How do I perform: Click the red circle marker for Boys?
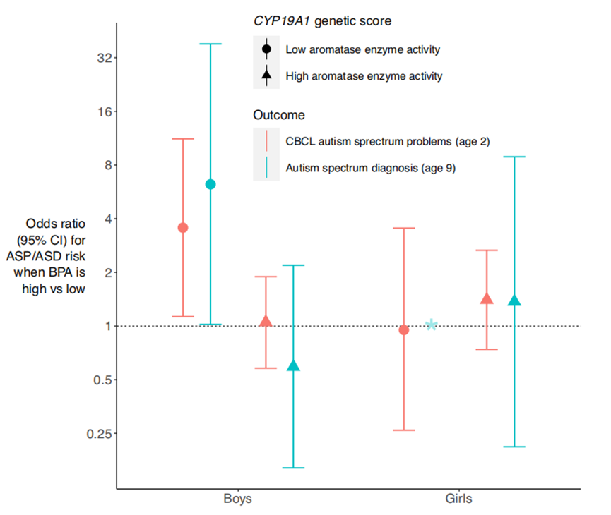click(183, 227)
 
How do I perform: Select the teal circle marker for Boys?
click(210, 184)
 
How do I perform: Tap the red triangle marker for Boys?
click(266, 321)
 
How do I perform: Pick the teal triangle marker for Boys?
click(293, 365)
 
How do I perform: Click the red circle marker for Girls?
click(404, 329)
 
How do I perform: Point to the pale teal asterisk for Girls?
click(432, 325)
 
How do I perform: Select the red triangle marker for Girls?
click(487, 298)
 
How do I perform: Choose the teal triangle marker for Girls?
click(514, 301)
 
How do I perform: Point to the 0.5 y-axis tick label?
click(93, 380)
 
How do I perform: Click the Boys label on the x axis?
click(238, 499)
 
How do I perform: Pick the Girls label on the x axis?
click(459, 499)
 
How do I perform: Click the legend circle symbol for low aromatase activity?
click(266, 49)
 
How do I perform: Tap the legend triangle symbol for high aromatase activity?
click(266, 75)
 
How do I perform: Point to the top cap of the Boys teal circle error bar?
click(210, 44)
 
